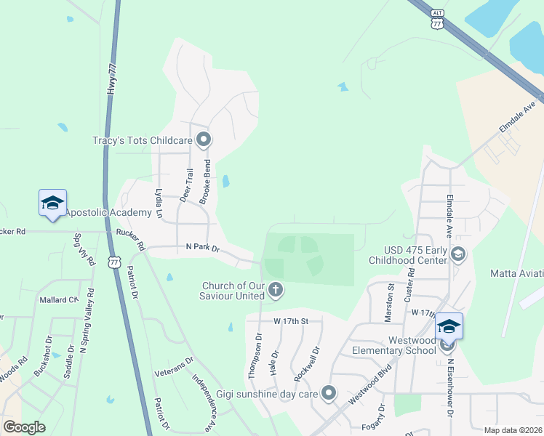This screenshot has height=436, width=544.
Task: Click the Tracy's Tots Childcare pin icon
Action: click(x=203, y=139)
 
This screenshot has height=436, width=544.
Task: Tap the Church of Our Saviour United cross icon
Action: click(x=276, y=290)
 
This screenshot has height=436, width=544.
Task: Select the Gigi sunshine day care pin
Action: click(x=329, y=394)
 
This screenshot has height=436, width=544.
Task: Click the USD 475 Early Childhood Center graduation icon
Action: click(x=458, y=254)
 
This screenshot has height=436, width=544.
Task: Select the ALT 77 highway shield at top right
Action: click(x=436, y=19)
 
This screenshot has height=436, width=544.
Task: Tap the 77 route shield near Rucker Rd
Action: click(x=114, y=262)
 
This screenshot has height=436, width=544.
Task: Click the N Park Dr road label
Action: click(x=202, y=249)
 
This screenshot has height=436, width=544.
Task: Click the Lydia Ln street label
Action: click(x=159, y=203)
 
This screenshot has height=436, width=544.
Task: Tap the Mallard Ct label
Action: click(x=58, y=299)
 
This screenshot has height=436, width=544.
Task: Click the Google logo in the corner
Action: click(x=25, y=427)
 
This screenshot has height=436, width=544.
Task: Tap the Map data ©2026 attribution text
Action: click(x=513, y=430)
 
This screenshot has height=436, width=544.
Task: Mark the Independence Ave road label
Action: click(x=204, y=400)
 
